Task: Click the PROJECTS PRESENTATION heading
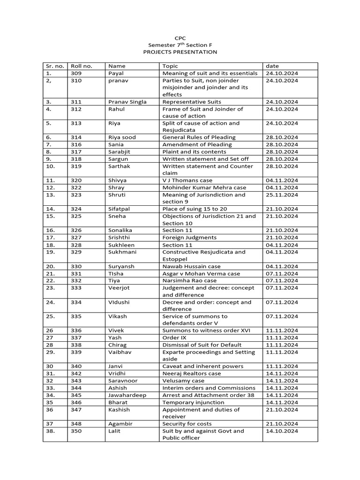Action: tap(180, 52)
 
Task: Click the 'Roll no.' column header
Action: tap(80, 66)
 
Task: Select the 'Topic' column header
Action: tap(170, 66)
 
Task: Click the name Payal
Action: tap(115, 74)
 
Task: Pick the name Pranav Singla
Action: tap(127, 102)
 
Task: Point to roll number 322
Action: tap(76, 187)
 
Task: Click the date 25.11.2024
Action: tap(282, 195)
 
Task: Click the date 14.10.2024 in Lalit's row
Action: tap(282, 431)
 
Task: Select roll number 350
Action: tap(76, 431)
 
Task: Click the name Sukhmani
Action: tap(122, 252)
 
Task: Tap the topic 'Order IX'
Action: tap(171, 337)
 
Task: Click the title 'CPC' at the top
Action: tap(180, 37)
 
